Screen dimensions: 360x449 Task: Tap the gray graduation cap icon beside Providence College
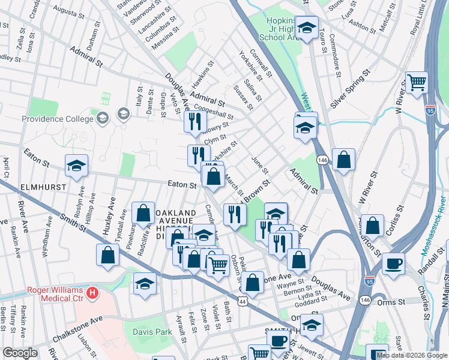point(123,114)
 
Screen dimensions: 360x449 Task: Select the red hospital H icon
point(92,293)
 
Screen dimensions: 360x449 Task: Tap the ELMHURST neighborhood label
point(25,187)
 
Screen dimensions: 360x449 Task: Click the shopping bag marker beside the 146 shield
point(343,160)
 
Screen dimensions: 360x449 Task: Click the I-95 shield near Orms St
point(369,280)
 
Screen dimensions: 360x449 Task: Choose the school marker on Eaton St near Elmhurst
point(76,166)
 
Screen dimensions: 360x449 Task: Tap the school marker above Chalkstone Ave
point(145,283)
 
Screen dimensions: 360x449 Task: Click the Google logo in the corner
point(19,353)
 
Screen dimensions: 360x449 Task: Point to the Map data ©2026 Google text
point(412,355)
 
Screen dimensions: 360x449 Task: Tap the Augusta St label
point(68,10)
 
